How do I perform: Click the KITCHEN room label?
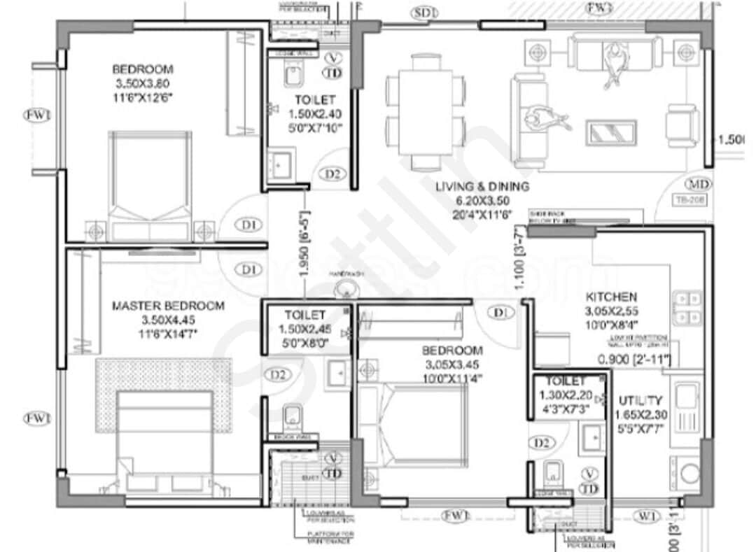[611, 297]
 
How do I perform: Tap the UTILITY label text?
[640, 401]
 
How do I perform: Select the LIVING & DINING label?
[482, 187]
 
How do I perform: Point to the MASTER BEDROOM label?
[169, 306]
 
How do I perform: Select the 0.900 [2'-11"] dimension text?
[634, 360]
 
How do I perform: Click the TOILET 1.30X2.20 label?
[565, 381]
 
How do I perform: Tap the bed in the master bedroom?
[165, 437]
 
